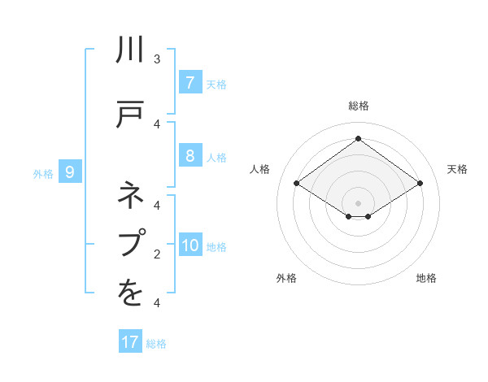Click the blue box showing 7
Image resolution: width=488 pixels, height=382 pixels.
190,83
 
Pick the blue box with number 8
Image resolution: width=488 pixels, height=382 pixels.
190,156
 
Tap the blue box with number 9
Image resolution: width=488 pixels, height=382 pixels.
70,172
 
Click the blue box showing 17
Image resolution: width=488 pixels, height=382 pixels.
130,342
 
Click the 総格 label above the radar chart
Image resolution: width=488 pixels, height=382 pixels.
358,106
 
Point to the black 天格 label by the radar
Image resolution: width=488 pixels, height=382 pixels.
457,169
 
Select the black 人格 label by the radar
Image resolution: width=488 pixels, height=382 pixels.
260,169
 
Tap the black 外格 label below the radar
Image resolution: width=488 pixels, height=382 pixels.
286,278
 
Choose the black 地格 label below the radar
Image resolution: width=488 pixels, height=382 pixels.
426,278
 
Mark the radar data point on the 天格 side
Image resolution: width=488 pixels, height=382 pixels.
420,184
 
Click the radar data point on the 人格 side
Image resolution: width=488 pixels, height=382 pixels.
296,184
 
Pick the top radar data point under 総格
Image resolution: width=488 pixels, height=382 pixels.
358,139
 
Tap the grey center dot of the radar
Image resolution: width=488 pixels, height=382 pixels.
358,202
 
